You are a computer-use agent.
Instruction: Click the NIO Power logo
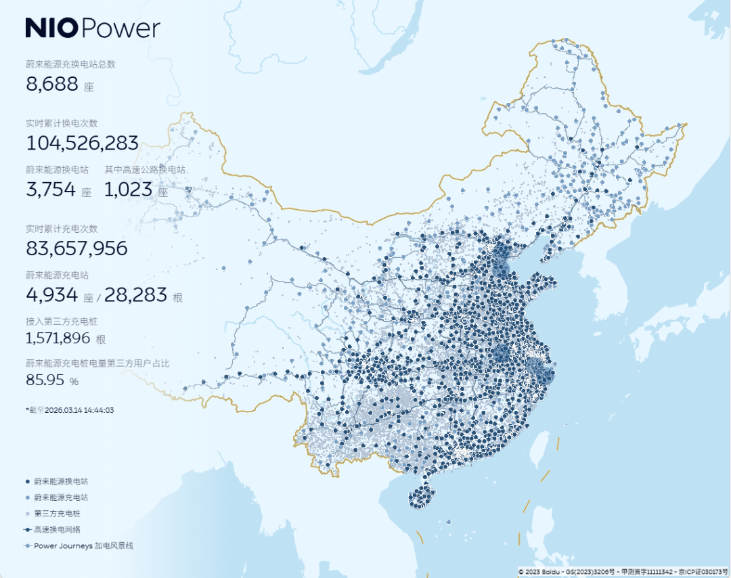(x=93, y=28)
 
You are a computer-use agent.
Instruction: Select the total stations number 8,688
(x=52, y=85)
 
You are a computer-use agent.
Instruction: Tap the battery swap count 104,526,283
(x=83, y=143)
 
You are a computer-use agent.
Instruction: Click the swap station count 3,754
(x=51, y=190)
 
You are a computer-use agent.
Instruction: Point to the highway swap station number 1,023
(x=129, y=190)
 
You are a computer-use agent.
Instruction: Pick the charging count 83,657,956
(x=76, y=248)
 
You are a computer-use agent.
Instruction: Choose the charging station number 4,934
(x=51, y=295)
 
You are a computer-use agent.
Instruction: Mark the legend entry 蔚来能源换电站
(x=60, y=481)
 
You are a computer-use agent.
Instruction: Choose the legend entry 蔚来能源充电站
(x=60, y=497)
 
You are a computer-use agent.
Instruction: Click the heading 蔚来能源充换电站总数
(x=71, y=64)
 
